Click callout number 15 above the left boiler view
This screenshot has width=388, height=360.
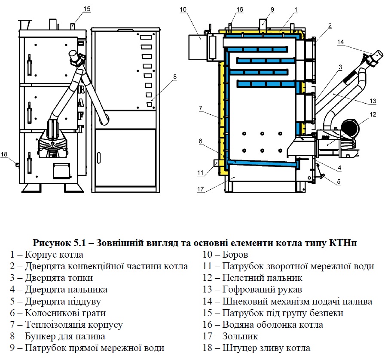click(87, 9)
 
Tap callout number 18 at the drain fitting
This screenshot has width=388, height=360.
click(4, 154)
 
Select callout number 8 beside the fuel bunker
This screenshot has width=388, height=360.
click(175, 77)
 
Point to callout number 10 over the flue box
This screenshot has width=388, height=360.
click(183, 9)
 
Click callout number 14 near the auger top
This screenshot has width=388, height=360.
click(340, 42)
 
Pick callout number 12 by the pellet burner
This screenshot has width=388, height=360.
click(373, 114)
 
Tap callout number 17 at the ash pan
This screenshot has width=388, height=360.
click(200, 189)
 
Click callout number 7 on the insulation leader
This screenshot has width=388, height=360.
click(200, 108)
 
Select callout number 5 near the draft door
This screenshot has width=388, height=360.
click(339, 182)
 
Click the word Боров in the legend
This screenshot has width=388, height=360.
click(235, 255)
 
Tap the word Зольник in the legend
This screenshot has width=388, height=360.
click(240, 336)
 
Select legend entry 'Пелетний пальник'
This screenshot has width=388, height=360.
click(262, 278)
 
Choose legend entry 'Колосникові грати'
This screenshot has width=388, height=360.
click(65, 313)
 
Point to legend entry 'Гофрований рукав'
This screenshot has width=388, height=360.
click(262, 289)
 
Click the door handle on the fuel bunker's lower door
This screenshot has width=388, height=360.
click(99, 158)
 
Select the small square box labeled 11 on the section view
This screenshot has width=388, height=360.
click(216, 163)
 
